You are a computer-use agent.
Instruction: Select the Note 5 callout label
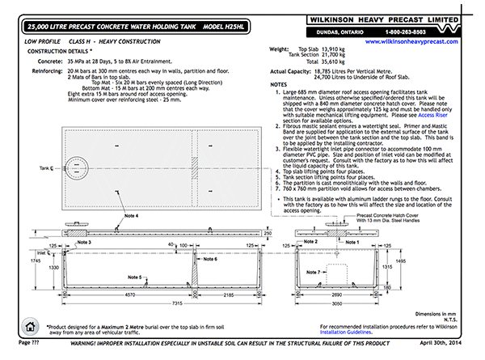pyautogui.click(x=133, y=277)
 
